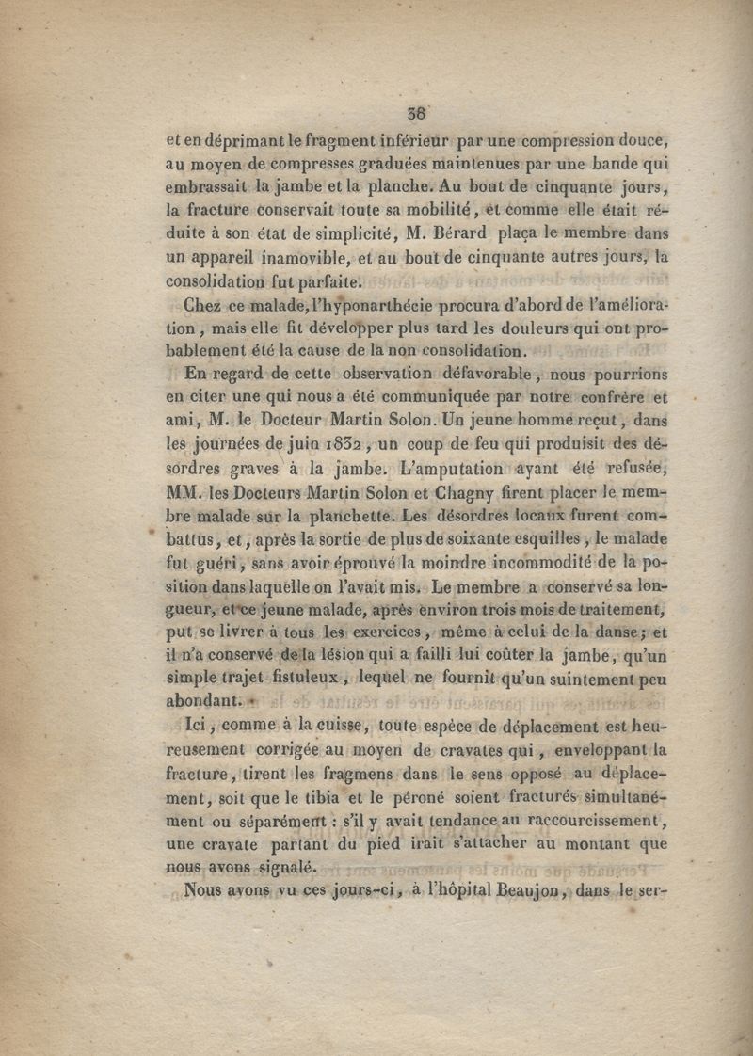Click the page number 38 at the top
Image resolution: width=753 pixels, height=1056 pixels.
[417, 113]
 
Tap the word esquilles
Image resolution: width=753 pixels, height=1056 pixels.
[598, 539]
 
